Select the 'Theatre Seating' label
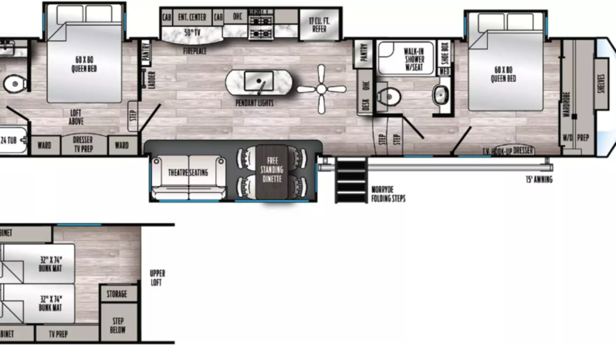coord(188,172)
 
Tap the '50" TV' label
coord(193,32)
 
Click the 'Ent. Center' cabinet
coord(191,16)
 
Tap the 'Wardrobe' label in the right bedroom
coord(567,104)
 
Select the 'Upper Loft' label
coord(157,277)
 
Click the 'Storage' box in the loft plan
coord(117,294)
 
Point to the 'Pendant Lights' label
coord(256,103)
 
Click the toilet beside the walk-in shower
coord(391,97)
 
